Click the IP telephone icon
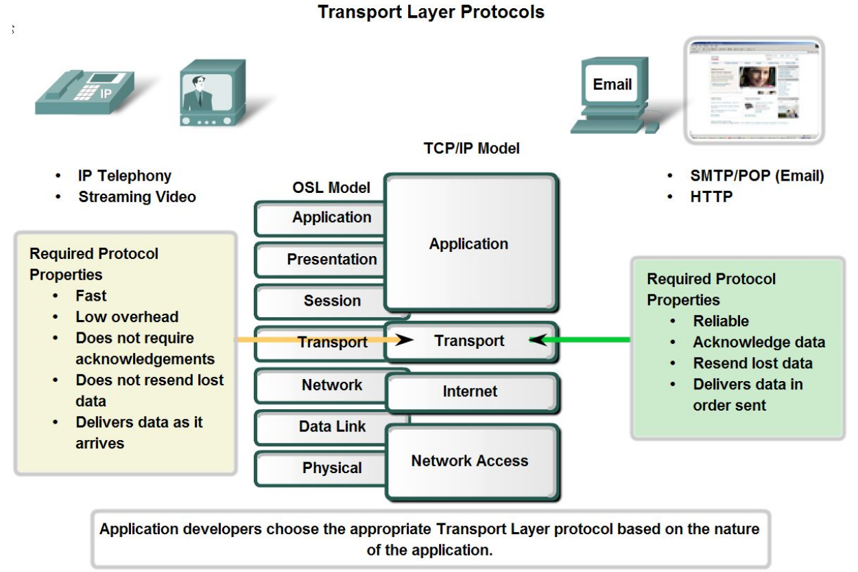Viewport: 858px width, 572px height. (85, 92)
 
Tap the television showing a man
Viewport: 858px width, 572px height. (213, 93)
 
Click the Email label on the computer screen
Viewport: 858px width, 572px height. (612, 84)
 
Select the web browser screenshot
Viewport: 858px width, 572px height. (754, 91)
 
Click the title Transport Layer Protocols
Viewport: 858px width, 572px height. (431, 12)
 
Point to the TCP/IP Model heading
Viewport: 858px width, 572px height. (471, 148)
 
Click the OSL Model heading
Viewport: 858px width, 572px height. (331, 187)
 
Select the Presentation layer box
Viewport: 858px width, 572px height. (321, 260)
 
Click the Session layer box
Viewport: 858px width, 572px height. (321, 301)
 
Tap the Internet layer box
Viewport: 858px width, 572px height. (473, 393)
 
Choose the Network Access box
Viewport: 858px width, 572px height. (473, 462)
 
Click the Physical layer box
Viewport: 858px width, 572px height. (321, 468)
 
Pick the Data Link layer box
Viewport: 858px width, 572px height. (321, 427)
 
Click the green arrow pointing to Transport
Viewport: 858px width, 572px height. (580, 340)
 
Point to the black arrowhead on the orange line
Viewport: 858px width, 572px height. (404, 339)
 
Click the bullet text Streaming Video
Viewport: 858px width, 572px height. (137, 197)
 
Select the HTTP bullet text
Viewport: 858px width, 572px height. (711, 197)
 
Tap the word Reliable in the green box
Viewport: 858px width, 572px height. (721, 321)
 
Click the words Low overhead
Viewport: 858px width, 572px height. (127, 317)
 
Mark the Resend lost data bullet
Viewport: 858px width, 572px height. (752, 363)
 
